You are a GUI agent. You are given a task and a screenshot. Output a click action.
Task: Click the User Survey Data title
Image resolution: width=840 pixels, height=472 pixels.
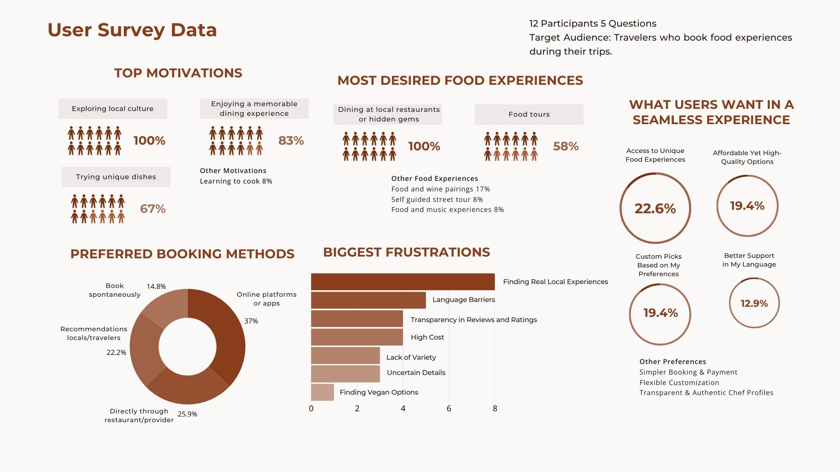click(132, 30)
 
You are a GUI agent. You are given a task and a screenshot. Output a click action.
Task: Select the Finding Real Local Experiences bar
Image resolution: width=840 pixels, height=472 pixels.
click(402, 282)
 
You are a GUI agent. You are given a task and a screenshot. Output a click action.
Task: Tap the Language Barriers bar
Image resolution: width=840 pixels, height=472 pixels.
click(368, 300)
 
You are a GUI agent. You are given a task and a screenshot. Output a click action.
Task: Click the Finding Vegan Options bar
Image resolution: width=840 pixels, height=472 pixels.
click(322, 392)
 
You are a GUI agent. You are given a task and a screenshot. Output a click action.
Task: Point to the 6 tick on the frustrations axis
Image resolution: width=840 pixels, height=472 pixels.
click(449, 409)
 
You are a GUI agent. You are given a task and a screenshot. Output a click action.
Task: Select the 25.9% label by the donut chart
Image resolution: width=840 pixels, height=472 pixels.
click(187, 414)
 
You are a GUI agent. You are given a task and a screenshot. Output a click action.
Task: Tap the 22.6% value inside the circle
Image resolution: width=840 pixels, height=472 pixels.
click(655, 208)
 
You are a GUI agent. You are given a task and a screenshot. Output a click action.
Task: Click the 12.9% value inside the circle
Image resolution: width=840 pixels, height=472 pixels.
click(754, 303)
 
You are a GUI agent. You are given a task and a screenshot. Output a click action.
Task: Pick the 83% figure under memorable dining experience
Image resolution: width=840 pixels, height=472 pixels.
click(291, 141)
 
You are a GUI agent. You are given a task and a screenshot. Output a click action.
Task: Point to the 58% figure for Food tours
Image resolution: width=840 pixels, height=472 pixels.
click(566, 146)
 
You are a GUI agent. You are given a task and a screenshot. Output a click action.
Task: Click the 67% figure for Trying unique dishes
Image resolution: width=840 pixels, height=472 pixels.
click(153, 209)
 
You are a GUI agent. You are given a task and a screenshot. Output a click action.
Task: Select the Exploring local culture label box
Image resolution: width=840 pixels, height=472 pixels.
click(112, 109)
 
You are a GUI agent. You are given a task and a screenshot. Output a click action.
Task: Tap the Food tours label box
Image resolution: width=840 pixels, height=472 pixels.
click(529, 115)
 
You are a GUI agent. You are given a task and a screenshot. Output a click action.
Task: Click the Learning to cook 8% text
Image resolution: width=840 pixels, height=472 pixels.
click(236, 181)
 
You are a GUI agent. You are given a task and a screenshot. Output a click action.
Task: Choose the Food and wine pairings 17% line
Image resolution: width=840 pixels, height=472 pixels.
click(440, 189)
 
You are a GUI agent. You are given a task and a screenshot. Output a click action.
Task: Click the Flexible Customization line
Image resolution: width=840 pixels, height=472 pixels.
click(679, 383)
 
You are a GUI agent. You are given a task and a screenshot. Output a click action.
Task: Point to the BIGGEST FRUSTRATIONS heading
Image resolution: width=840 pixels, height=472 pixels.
click(406, 253)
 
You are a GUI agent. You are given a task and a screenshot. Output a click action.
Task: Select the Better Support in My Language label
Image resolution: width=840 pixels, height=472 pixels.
click(749, 260)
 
